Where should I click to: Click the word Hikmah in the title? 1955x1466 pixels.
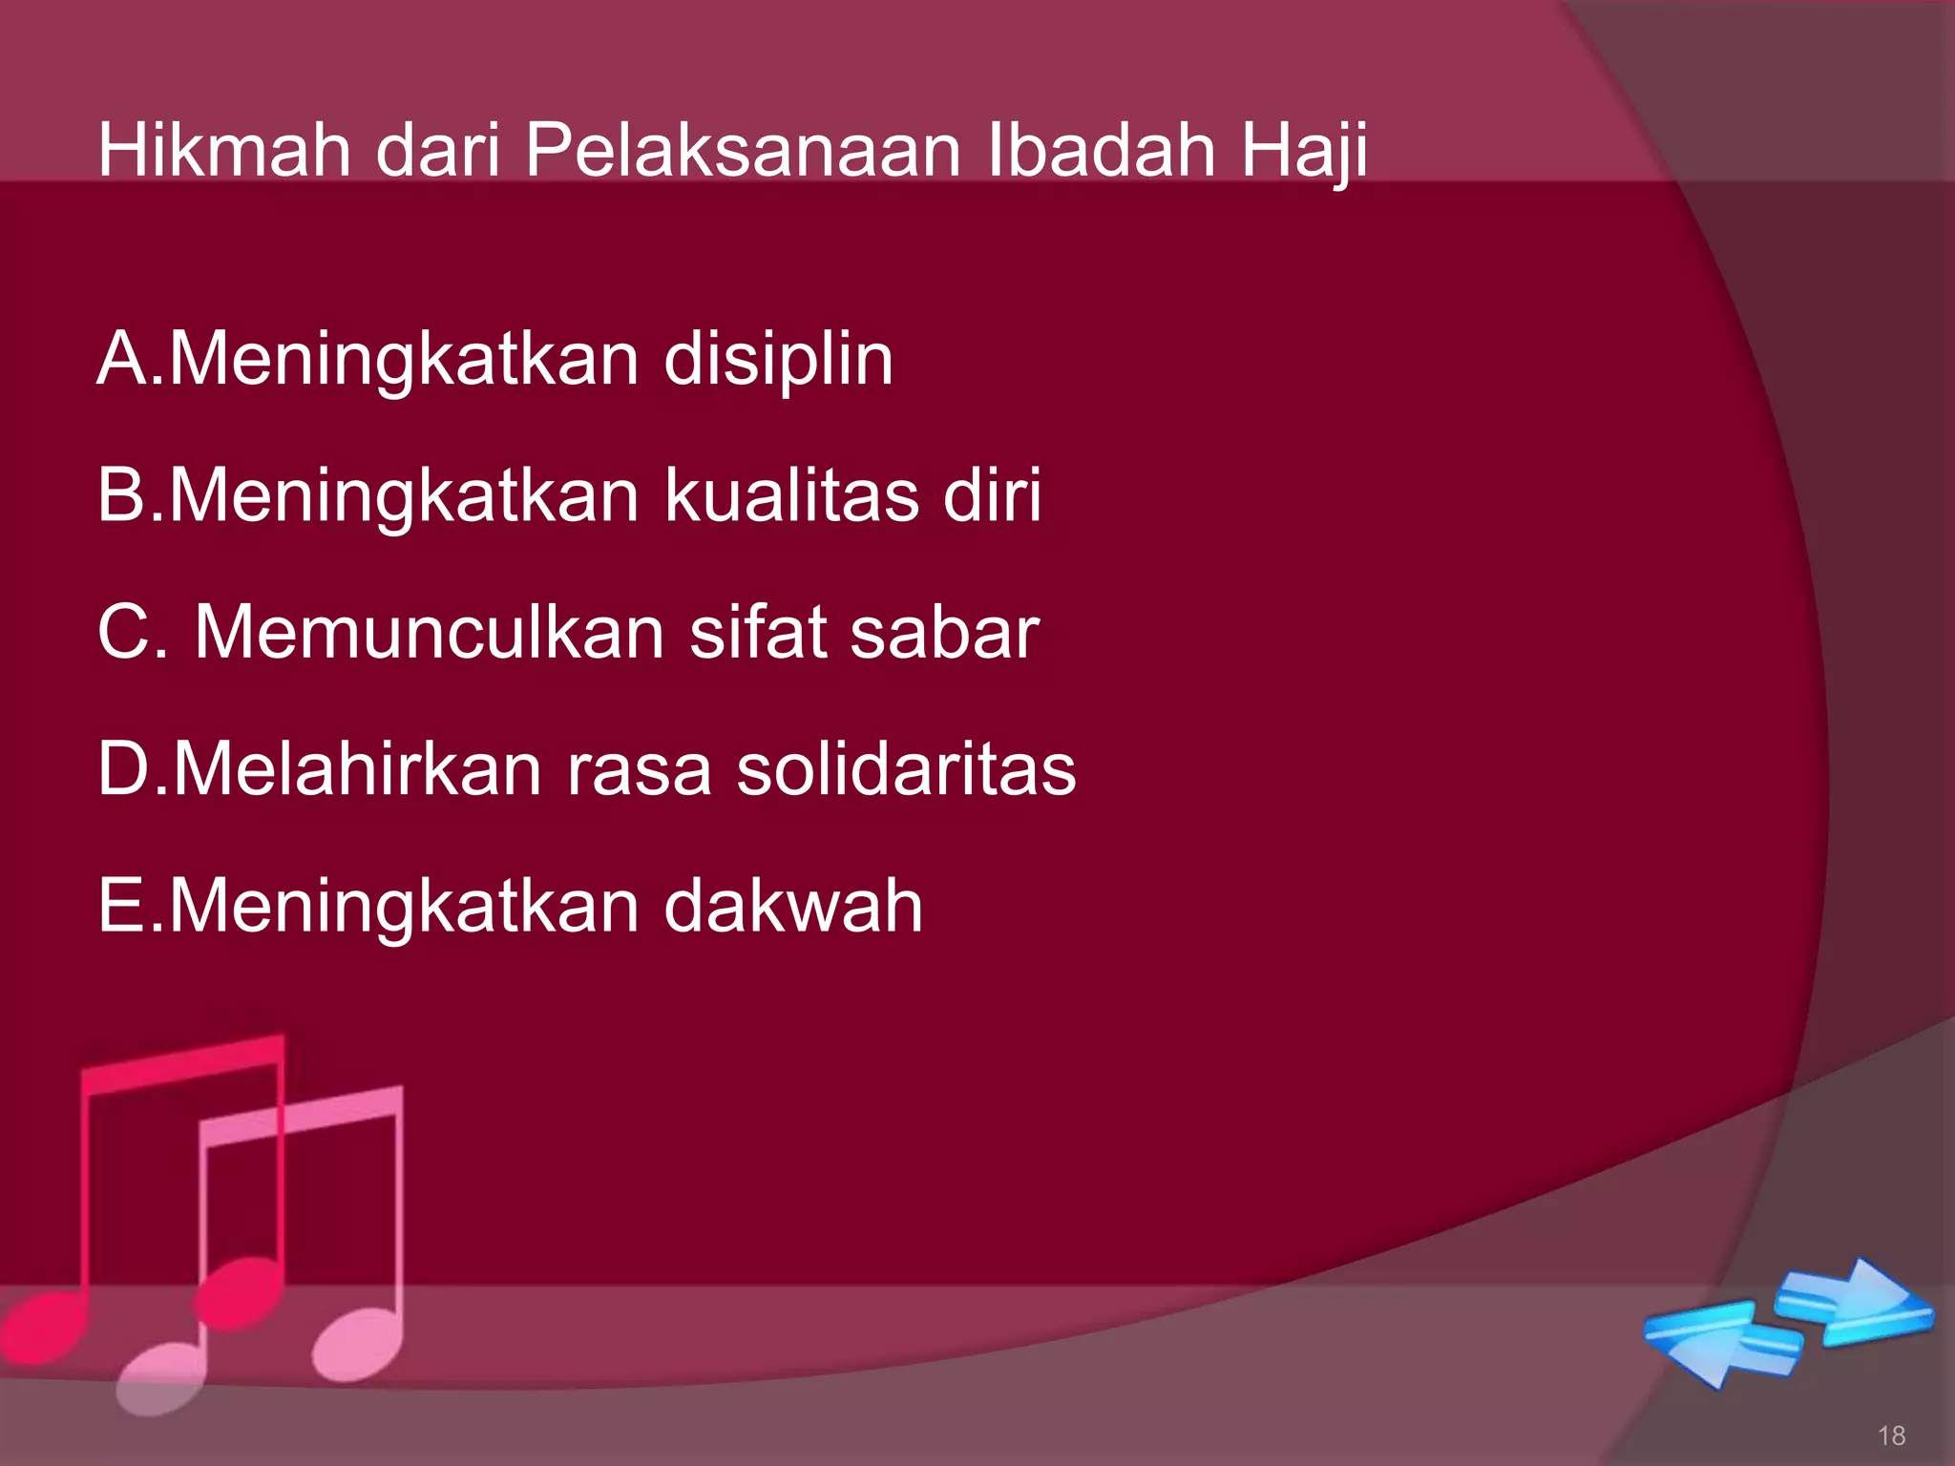coord(224,150)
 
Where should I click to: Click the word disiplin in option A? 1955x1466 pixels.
coord(778,360)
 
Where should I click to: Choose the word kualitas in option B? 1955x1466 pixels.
coord(791,495)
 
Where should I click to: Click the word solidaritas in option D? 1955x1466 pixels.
coord(906,769)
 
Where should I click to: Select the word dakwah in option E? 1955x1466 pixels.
coord(793,906)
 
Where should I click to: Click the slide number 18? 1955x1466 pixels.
coord(1891,1435)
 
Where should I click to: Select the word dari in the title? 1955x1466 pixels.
coord(438,150)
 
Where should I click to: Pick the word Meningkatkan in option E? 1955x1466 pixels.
coord(404,908)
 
